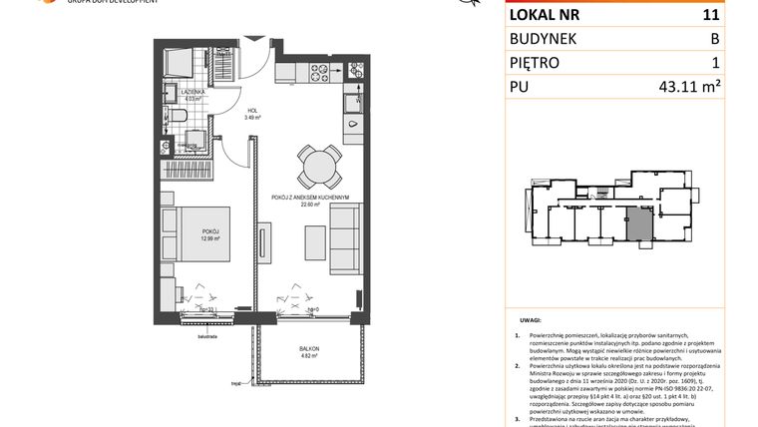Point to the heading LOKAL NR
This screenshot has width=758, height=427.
click(x=546, y=15)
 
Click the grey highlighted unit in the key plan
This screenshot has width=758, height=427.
click(x=638, y=221)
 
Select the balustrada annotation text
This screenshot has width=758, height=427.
click(x=164, y=324)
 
